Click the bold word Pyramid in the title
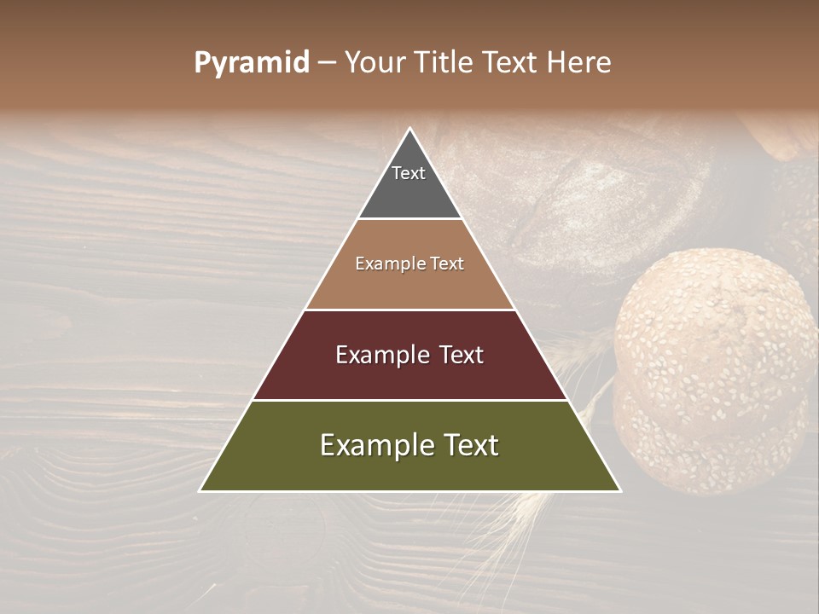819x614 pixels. pos(252,63)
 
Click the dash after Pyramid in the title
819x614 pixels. pos(327,63)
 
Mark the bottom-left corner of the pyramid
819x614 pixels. pos(200,490)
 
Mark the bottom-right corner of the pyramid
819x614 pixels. pos(619,490)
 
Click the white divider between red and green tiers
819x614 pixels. pos(409,400)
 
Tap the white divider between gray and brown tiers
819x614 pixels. pos(409,219)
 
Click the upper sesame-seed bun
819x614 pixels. pos(715,338)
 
